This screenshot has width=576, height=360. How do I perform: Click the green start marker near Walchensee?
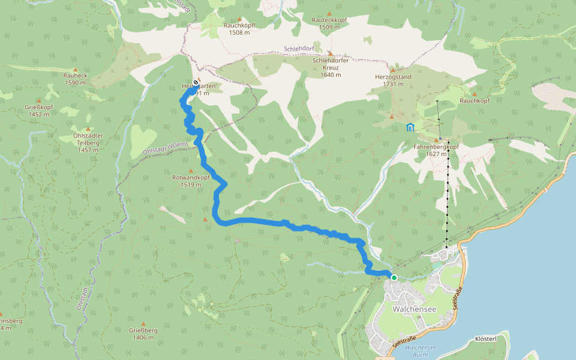[x=394, y=277]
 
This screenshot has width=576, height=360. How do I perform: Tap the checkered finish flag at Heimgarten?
[x=196, y=82]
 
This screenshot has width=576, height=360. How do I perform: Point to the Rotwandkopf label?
[x=190, y=181]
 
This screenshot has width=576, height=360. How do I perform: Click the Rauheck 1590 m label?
[x=76, y=80]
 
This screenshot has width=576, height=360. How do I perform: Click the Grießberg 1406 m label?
[x=143, y=334]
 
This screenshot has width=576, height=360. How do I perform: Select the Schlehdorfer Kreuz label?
[x=331, y=67]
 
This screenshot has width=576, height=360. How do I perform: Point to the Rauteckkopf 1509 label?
[x=330, y=23]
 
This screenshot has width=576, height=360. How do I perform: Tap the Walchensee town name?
[x=413, y=309]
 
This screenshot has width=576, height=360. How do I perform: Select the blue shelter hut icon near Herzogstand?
[x=410, y=127]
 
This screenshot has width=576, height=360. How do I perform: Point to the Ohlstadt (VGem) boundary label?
[x=166, y=147]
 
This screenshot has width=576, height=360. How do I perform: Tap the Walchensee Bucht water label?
[x=420, y=350]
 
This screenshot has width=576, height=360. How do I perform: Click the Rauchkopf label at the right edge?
[x=475, y=101]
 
